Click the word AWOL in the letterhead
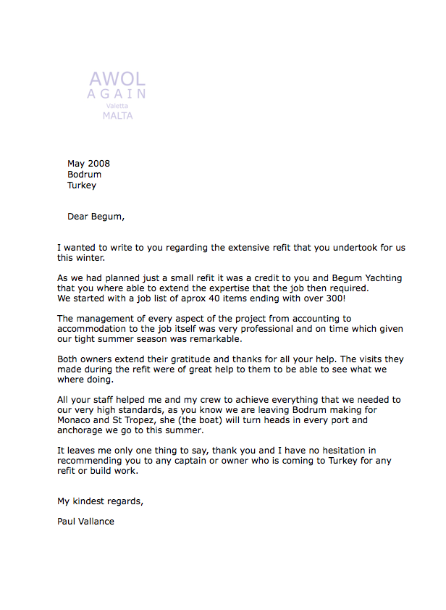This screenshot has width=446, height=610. (117, 79)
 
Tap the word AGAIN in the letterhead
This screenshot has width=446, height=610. (117, 94)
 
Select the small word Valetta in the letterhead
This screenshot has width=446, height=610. (117, 106)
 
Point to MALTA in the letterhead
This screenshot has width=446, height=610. (117, 115)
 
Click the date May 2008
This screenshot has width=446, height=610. (88, 164)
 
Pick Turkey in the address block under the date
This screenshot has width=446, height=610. (82, 185)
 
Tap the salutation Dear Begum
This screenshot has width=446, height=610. (96, 216)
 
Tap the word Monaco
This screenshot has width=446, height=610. (75, 420)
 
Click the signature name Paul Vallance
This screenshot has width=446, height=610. (85, 522)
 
